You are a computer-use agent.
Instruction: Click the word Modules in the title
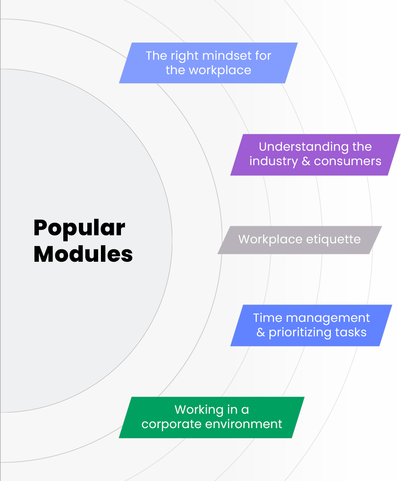coord(83,254)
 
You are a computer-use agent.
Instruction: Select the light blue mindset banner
coord(208,63)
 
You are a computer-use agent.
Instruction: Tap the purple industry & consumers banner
coord(315,154)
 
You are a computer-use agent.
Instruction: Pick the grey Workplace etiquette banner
coord(300,240)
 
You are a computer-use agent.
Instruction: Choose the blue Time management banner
coord(311,325)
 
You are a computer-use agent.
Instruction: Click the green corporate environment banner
coord(212,417)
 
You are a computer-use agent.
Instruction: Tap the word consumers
coord(348,161)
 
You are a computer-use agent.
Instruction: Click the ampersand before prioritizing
coord(261,333)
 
